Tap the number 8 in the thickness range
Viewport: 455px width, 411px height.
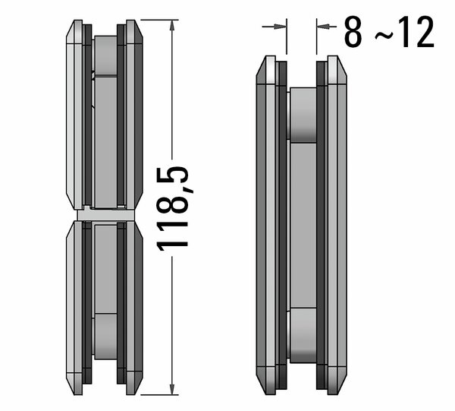tap(353, 32)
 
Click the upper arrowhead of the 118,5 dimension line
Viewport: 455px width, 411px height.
tap(172, 25)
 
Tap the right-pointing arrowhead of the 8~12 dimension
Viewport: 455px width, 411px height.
tap(281, 27)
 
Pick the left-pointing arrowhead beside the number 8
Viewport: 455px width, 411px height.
tap(323, 27)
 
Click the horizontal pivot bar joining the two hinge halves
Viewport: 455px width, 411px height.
tap(106, 215)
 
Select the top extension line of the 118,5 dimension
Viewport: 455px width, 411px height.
tap(159, 20)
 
